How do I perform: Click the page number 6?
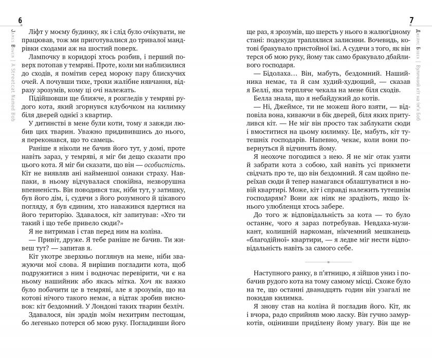[x=20, y=20]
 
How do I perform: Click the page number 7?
[x=411, y=20]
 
